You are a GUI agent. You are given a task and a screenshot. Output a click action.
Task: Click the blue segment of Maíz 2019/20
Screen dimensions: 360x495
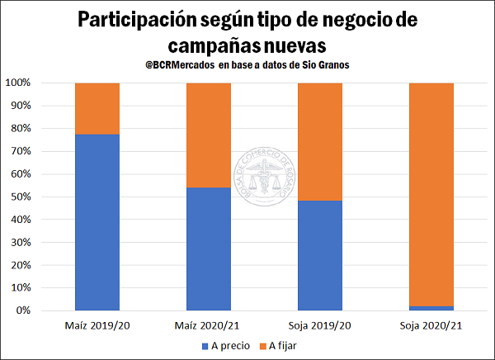[x=97, y=222]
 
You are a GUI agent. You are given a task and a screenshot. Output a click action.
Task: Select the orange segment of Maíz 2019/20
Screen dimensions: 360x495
[x=97, y=108]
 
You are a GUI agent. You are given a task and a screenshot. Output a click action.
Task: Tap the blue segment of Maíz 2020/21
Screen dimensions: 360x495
[x=209, y=249]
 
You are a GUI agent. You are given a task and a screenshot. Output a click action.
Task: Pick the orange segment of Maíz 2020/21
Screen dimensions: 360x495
[x=209, y=135]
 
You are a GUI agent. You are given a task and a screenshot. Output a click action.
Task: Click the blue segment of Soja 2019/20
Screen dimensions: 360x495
[x=319, y=255]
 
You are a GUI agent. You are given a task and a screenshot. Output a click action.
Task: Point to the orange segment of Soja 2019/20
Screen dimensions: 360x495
[x=319, y=142]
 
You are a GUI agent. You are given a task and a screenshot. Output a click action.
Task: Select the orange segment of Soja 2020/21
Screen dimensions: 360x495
[x=430, y=194]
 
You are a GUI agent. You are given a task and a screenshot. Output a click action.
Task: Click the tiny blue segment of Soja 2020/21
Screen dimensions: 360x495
[x=430, y=308]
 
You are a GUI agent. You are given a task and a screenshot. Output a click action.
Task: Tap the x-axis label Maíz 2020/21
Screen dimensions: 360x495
[x=209, y=324]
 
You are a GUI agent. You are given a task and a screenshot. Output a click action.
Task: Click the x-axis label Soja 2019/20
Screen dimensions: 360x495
[x=319, y=324]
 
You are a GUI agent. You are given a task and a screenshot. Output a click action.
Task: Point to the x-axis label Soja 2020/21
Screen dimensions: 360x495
[x=430, y=324]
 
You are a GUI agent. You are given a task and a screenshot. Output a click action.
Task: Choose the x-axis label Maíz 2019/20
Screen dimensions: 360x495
[x=97, y=324]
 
